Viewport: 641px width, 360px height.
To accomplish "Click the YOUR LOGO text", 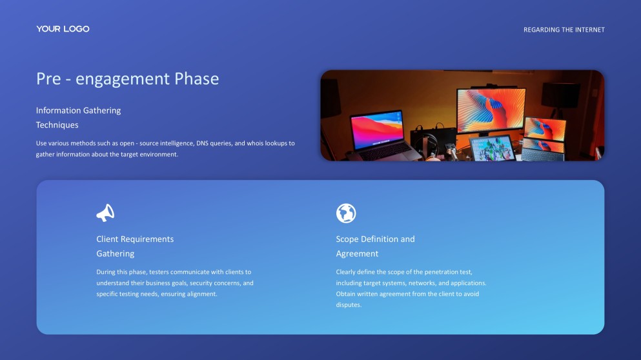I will click(x=63, y=29).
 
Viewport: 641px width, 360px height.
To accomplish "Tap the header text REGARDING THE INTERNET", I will click(x=564, y=30).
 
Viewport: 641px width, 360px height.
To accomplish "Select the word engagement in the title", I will click(x=123, y=79).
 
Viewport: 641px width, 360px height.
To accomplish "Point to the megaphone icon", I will click(x=105, y=213).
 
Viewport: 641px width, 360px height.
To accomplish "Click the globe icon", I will click(x=346, y=213).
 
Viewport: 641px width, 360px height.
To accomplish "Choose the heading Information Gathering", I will click(x=78, y=110).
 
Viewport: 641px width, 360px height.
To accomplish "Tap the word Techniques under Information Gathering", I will click(x=57, y=125).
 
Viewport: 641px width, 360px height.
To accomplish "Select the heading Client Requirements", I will click(x=135, y=239).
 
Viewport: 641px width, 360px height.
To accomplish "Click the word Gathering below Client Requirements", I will click(x=115, y=254).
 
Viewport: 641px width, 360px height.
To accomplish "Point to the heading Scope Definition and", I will click(x=375, y=239).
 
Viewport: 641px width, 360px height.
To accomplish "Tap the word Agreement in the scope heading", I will click(x=357, y=254).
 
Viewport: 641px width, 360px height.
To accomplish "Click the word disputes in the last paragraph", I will click(x=349, y=305).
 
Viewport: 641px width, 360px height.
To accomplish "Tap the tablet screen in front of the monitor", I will click(x=493, y=148).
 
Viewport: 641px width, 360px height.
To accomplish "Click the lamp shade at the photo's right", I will click(x=560, y=94).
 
